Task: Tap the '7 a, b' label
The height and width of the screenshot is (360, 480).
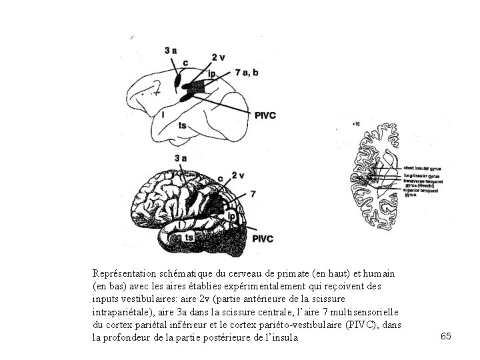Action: (248, 72)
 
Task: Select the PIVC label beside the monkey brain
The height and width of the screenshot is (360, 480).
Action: (265, 115)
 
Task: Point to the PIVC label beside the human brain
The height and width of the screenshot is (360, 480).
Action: (263, 238)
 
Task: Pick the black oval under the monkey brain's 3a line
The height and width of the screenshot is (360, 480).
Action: (179, 82)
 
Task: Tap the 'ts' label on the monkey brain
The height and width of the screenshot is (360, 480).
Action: (182, 125)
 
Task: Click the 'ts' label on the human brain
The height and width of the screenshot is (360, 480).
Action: (189, 237)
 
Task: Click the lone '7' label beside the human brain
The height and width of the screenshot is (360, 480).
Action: (252, 193)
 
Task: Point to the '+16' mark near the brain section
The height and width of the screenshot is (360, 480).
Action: (357, 123)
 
